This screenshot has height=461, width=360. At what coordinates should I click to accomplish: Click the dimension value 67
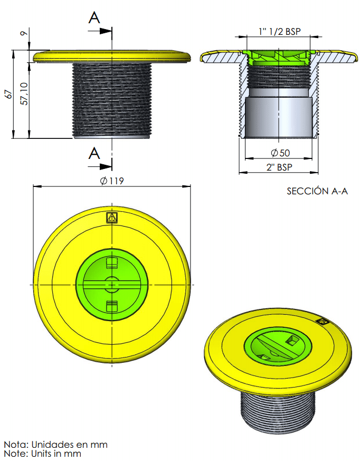pos(10,94)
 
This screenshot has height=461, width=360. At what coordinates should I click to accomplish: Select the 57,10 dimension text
pos(24,93)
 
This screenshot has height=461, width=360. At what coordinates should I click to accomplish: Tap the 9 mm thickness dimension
pos(24,33)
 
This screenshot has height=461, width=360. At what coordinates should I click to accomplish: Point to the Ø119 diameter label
pos(112,181)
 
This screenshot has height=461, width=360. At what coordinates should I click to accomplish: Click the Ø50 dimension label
pos(280,153)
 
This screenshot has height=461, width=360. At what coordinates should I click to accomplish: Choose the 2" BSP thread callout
pos(279,167)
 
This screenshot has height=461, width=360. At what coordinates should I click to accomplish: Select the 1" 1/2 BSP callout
pos(280,31)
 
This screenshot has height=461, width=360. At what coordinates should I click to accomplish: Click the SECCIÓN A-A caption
pos(317,191)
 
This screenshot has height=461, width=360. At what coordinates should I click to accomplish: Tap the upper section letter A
pos(94,17)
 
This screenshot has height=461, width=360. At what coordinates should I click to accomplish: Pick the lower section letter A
pos(94,153)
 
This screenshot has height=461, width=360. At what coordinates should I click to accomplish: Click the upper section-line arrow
pos(100,31)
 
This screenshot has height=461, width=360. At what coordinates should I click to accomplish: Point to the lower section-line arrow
pos(100,167)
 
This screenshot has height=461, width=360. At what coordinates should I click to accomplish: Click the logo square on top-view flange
pos(112,218)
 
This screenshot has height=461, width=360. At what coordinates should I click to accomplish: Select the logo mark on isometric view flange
pos(321,322)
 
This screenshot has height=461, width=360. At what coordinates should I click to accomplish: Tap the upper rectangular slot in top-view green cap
pos(112,263)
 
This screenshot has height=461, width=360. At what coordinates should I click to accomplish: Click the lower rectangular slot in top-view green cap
pos(112,306)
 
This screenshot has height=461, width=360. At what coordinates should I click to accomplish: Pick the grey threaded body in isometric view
pos(278,411)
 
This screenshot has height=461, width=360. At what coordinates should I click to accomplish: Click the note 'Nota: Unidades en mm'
pos(56,444)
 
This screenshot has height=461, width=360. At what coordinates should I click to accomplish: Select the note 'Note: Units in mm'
pos(43,454)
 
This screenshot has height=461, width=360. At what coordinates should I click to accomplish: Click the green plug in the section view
pos(278,58)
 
